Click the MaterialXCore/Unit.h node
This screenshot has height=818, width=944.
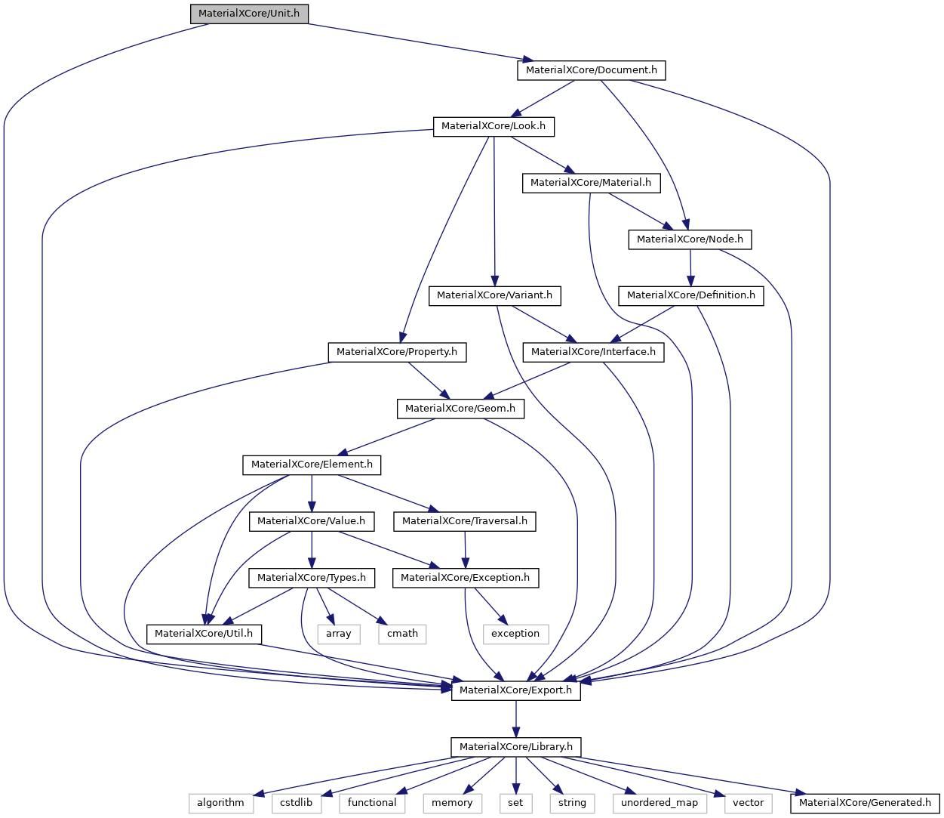click(x=249, y=14)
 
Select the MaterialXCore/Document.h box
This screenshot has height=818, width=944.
click(x=591, y=70)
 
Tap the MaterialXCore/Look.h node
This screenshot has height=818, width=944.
click(x=494, y=126)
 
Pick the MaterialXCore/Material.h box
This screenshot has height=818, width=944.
click(x=591, y=183)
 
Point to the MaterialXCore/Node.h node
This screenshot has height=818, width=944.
click(x=690, y=239)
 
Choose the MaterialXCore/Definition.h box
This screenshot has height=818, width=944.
click(x=690, y=295)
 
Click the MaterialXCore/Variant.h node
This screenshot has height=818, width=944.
click(x=494, y=295)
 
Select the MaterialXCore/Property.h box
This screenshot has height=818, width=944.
click(x=397, y=352)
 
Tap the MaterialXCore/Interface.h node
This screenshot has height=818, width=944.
click(x=593, y=352)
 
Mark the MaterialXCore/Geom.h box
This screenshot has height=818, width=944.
click(x=460, y=409)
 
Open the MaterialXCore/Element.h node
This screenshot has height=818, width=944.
click(x=312, y=465)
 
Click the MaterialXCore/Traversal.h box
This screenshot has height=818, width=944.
click(x=465, y=521)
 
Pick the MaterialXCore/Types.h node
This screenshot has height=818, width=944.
click(x=312, y=578)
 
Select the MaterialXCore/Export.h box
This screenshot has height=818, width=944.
click(x=516, y=690)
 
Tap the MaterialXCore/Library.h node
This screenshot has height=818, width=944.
click(x=516, y=747)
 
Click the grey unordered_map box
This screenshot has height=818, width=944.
click(x=660, y=803)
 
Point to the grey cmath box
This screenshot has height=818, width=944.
click(x=402, y=634)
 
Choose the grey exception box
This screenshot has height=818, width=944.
click(x=515, y=634)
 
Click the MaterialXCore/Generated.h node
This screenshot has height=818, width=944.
click(x=865, y=803)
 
